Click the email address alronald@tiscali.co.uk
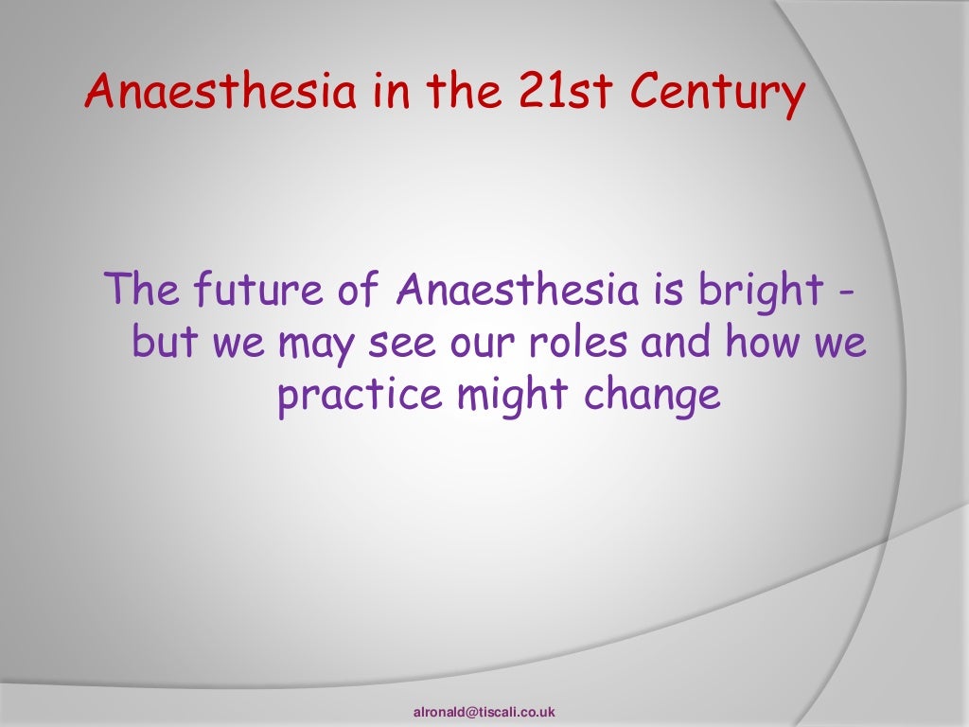click(484, 711)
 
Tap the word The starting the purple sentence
click(141, 291)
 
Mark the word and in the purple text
click(676, 343)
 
